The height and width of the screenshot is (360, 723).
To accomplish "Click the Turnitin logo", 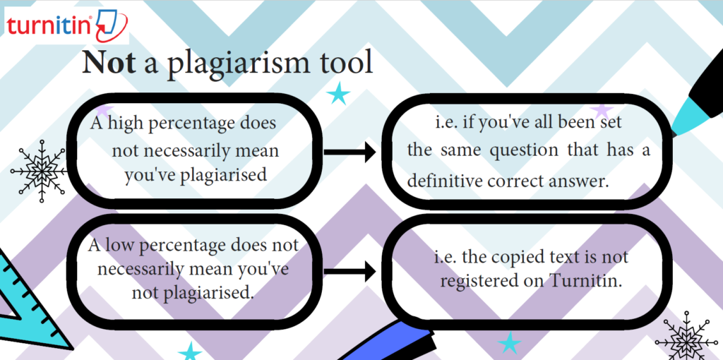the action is (x=67, y=25).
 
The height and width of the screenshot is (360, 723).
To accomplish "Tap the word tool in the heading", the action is (x=346, y=62).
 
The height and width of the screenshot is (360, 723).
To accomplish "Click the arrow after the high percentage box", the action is (x=350, y=152).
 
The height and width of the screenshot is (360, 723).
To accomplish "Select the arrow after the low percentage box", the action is (x=350, y=272).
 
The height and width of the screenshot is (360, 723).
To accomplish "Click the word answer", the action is (x=578, y=181).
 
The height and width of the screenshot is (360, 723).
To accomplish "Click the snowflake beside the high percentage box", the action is (x=40, y=171).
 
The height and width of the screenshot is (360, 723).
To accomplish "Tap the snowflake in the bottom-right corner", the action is (x=686, y=337).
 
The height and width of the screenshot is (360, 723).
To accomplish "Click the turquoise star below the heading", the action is (x=338, y=94).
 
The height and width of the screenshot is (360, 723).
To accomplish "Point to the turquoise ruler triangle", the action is (x=28, y=304).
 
